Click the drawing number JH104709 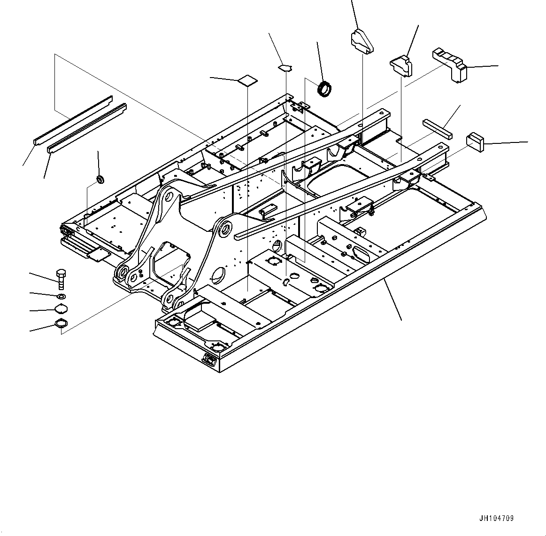click(496, 519)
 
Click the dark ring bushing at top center click(324, 89)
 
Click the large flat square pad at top click(247, 80)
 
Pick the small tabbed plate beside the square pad click(285, 68)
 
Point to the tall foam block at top click(362, 41)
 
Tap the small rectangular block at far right click(475, 142)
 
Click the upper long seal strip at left click(73, 120)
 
